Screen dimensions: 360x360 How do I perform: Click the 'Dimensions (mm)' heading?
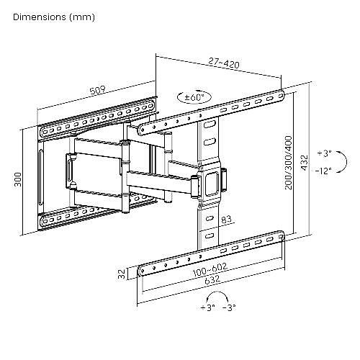54,17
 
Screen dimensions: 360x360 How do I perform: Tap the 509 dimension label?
98,90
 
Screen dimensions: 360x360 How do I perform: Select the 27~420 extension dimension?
224,63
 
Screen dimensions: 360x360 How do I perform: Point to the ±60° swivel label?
194,97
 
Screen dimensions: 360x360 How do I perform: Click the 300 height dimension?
18,179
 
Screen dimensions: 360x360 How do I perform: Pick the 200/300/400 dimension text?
289,163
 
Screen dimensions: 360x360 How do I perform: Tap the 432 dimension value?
304,163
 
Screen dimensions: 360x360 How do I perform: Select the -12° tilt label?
323,171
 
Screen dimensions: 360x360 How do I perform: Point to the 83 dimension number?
226,219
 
